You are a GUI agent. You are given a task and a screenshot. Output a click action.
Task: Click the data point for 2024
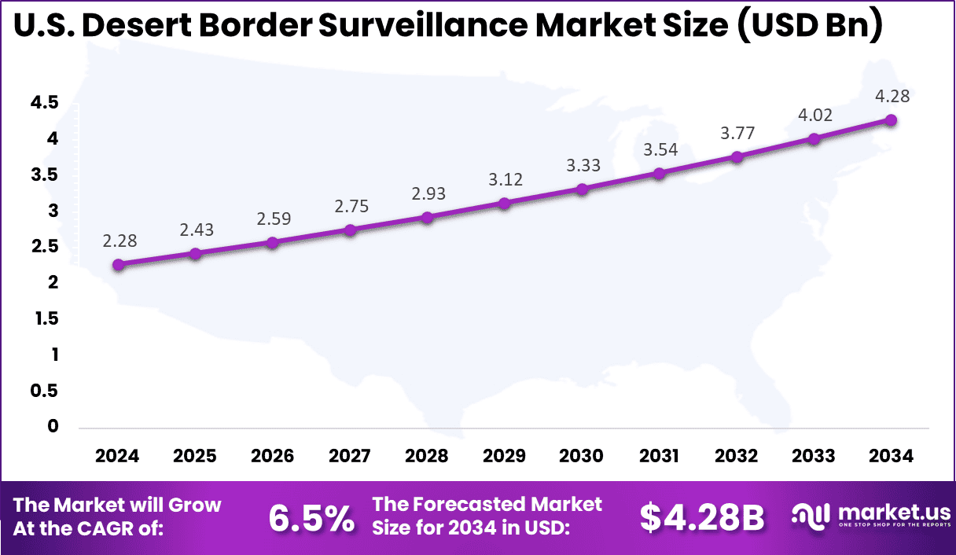tap(118, 265)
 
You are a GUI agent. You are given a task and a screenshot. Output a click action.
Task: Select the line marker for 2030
tap(583, 189)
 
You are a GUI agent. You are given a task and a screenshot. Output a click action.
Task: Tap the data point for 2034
tap(892, 120)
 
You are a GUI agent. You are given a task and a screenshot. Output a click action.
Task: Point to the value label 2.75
tap(351, 207)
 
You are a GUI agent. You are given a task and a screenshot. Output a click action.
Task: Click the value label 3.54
tap(660, 150)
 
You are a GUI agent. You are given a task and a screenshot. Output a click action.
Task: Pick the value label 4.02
tap(814, 115)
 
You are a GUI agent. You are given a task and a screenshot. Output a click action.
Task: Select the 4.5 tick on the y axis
tap(45, 102)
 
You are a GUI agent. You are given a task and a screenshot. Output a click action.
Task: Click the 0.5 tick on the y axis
tap(45, 391)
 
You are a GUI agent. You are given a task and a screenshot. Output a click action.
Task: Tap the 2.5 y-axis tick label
tap(45, 247)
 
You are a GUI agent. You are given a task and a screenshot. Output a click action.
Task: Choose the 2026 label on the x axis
tap(273, 457)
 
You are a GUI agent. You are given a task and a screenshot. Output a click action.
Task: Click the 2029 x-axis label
tap(505, 457)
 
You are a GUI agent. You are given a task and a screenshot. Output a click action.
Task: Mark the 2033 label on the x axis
tap(814, 457)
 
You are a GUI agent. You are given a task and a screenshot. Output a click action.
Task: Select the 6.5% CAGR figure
tap(311, 518)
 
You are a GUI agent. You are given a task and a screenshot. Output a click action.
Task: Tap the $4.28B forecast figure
tap(701, 518)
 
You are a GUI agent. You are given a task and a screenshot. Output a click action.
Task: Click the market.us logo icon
tap(811, 516)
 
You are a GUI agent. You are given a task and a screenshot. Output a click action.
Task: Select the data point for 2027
tap(351, 230)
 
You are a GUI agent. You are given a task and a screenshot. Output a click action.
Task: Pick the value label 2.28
tap(118, 241)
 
